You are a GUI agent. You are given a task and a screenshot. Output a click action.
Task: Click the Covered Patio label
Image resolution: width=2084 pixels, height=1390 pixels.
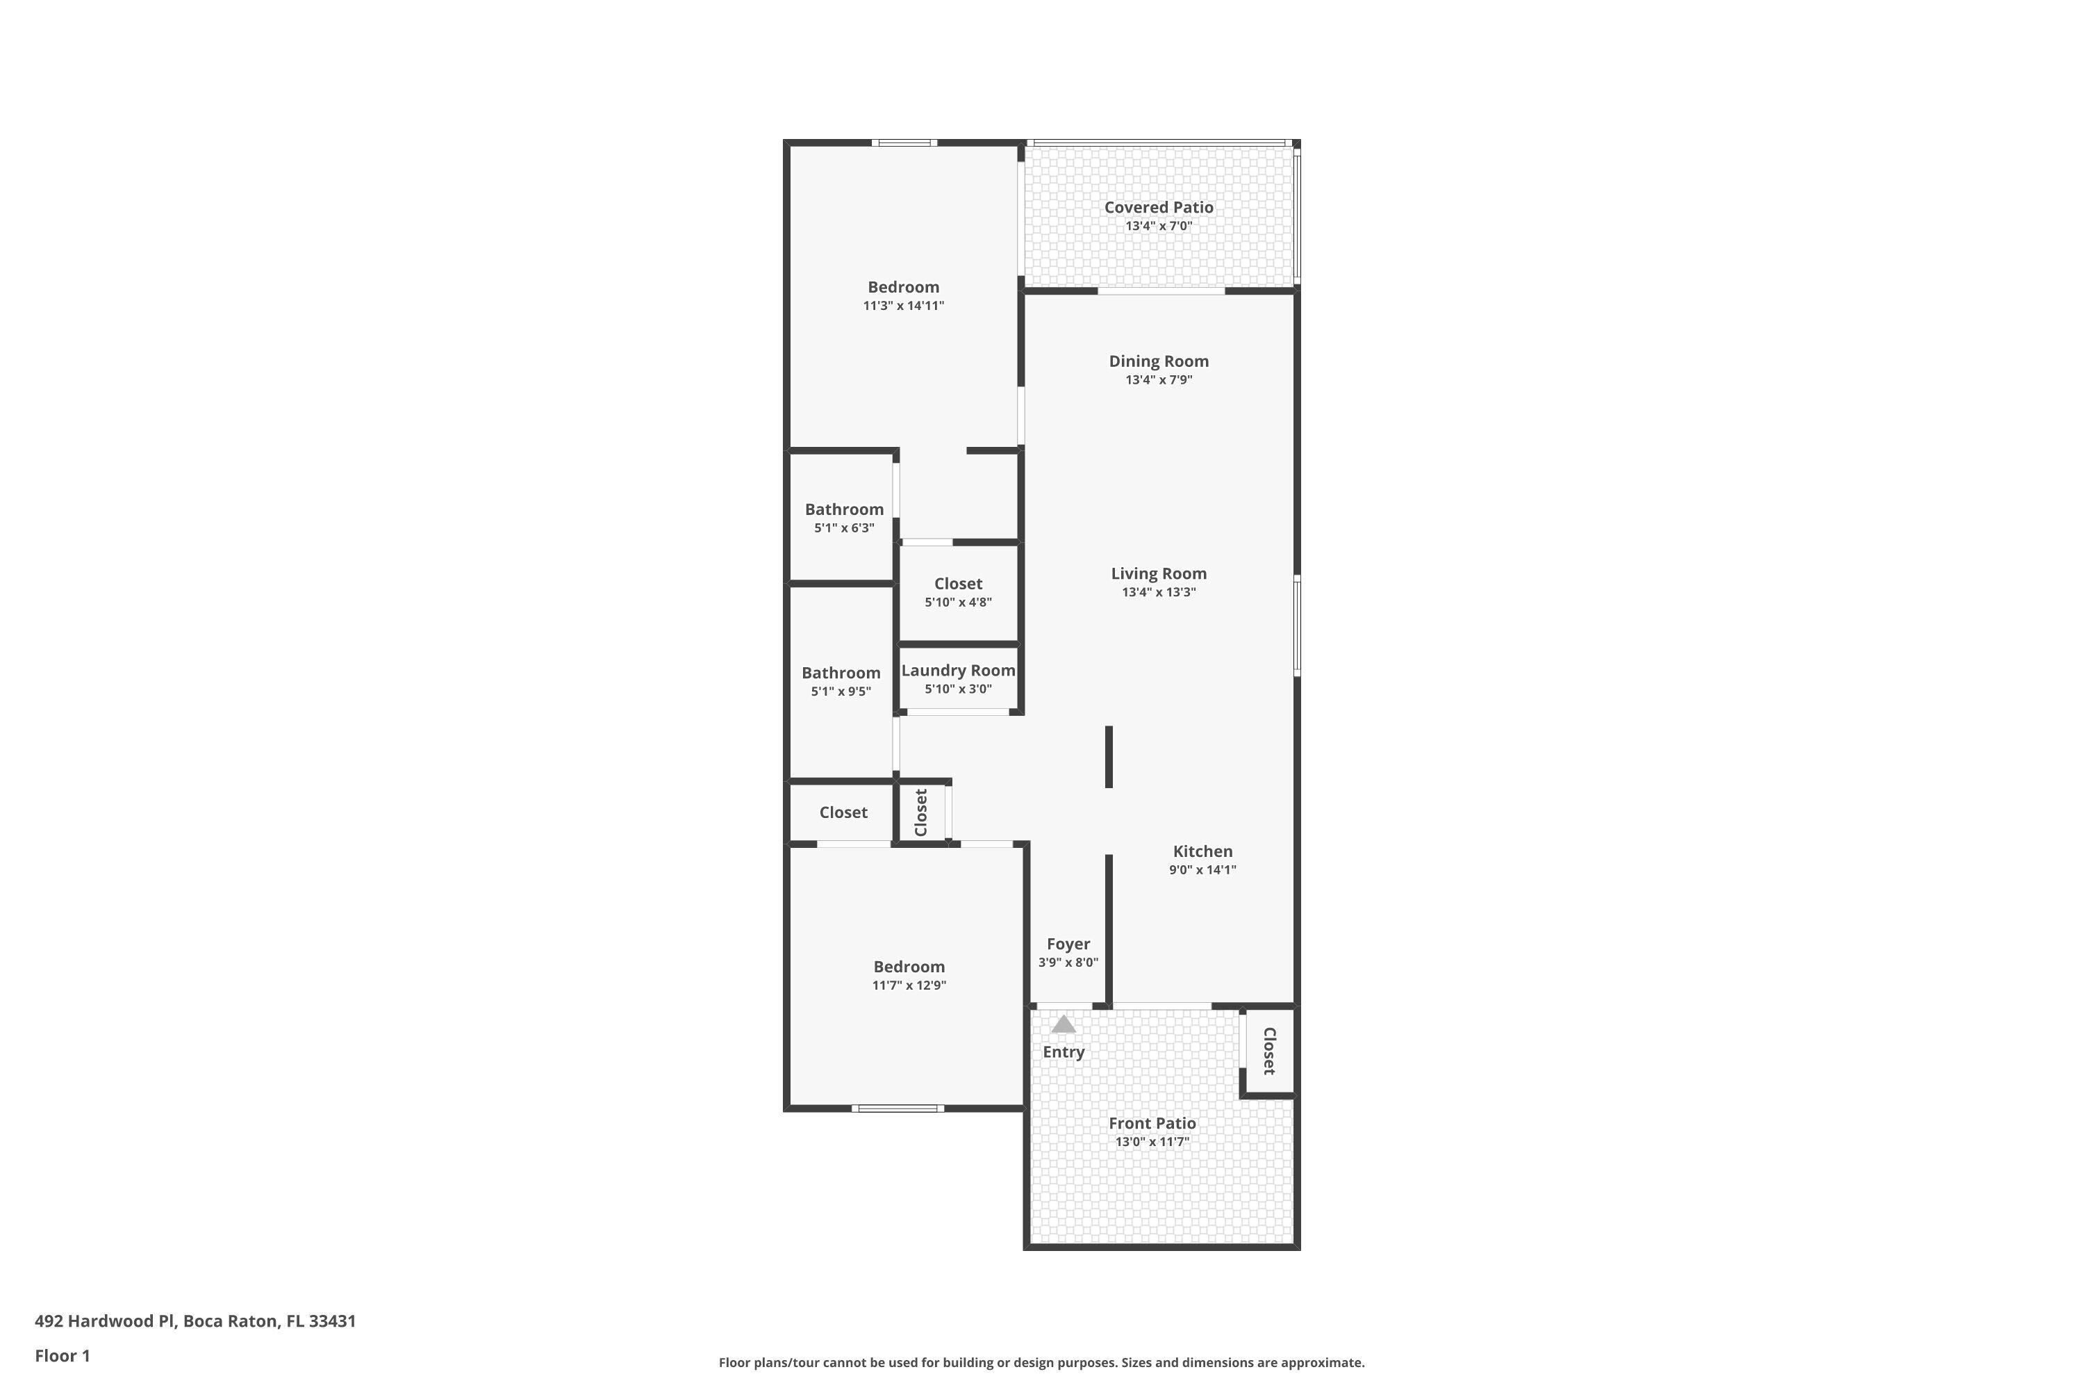click(x=1158, y=207)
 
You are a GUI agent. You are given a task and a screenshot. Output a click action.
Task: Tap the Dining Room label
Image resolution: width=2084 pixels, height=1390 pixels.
click(x=1158, y=361)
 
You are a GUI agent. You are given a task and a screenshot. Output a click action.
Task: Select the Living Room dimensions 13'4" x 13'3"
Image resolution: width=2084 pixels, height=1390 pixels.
click(x=1158, y=593)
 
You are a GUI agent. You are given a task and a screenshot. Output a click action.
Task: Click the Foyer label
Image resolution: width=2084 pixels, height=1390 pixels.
click(x=1068, y=944)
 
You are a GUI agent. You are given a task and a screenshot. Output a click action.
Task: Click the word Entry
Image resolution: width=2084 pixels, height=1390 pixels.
click(x=1064, y=1052)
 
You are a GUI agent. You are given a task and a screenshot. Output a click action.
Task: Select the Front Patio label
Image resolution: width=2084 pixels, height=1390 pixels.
click(x=1152, y=1124)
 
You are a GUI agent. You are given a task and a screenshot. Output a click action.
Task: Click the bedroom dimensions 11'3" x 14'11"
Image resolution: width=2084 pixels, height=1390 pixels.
click(x=903, y=306)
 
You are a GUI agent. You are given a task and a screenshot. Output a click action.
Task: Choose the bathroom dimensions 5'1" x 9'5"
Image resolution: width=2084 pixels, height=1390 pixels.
click(x=841, y=692)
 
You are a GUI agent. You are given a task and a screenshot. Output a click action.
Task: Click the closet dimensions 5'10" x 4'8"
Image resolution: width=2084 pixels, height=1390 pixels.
click(x=958, y=603)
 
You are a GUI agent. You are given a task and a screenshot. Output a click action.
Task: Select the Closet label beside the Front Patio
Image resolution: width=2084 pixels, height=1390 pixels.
click(x=1269, y=1052)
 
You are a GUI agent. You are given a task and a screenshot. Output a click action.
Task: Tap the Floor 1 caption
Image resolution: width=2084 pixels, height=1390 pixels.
click(x=62, y=1355)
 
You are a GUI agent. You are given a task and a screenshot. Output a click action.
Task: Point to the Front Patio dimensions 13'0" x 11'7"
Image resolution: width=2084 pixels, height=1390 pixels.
click(x=1152, y=1143)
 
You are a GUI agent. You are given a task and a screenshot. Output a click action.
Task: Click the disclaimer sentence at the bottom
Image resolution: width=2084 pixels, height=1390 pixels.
click(x=1041, y=1362)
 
